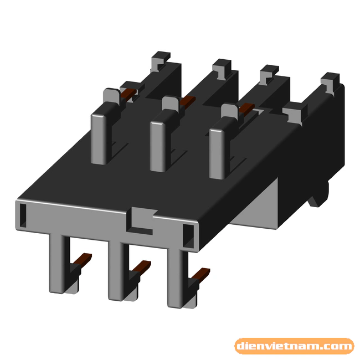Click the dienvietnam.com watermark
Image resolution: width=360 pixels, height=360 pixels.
tap(294, 347)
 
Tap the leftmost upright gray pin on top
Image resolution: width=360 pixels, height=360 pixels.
tap(100, 136)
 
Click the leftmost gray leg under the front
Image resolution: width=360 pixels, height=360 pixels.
tap(58, 260)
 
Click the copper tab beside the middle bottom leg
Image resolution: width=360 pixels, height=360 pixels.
tap(142, 265)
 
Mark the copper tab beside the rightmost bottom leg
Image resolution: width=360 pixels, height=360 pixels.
tap(203, 272)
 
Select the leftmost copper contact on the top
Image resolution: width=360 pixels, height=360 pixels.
tap(129, 91)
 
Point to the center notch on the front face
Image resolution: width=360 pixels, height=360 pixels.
tap(142, 219)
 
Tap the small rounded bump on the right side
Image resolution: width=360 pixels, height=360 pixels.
tap(323, 194)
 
